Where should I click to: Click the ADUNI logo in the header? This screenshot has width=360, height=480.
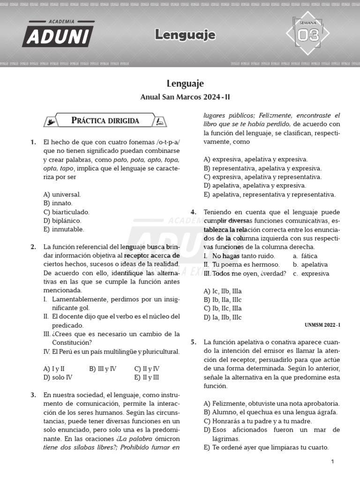click(x=58, y=34)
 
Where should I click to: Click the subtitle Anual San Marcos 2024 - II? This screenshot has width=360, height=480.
click(x=185, y=97)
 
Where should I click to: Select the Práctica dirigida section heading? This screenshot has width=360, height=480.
click(x=105, y=120)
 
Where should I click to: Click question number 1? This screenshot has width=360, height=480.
click(x=33, y=142)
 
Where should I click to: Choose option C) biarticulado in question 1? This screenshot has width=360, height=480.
click(x=66, y=212)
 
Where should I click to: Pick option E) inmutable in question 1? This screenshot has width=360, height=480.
click(x=64, y=229)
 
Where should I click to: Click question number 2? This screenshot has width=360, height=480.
click(x=33, y=247)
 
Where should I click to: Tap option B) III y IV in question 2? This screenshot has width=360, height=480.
click(x=103, y=368)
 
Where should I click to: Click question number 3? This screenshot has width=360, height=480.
click(x=33, y=395)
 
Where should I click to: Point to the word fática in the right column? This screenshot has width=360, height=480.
click(x=309, y=256)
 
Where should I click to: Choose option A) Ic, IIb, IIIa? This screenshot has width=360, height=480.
click(x=223, y=291)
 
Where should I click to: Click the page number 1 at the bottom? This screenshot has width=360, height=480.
click(x=332, y=462)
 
